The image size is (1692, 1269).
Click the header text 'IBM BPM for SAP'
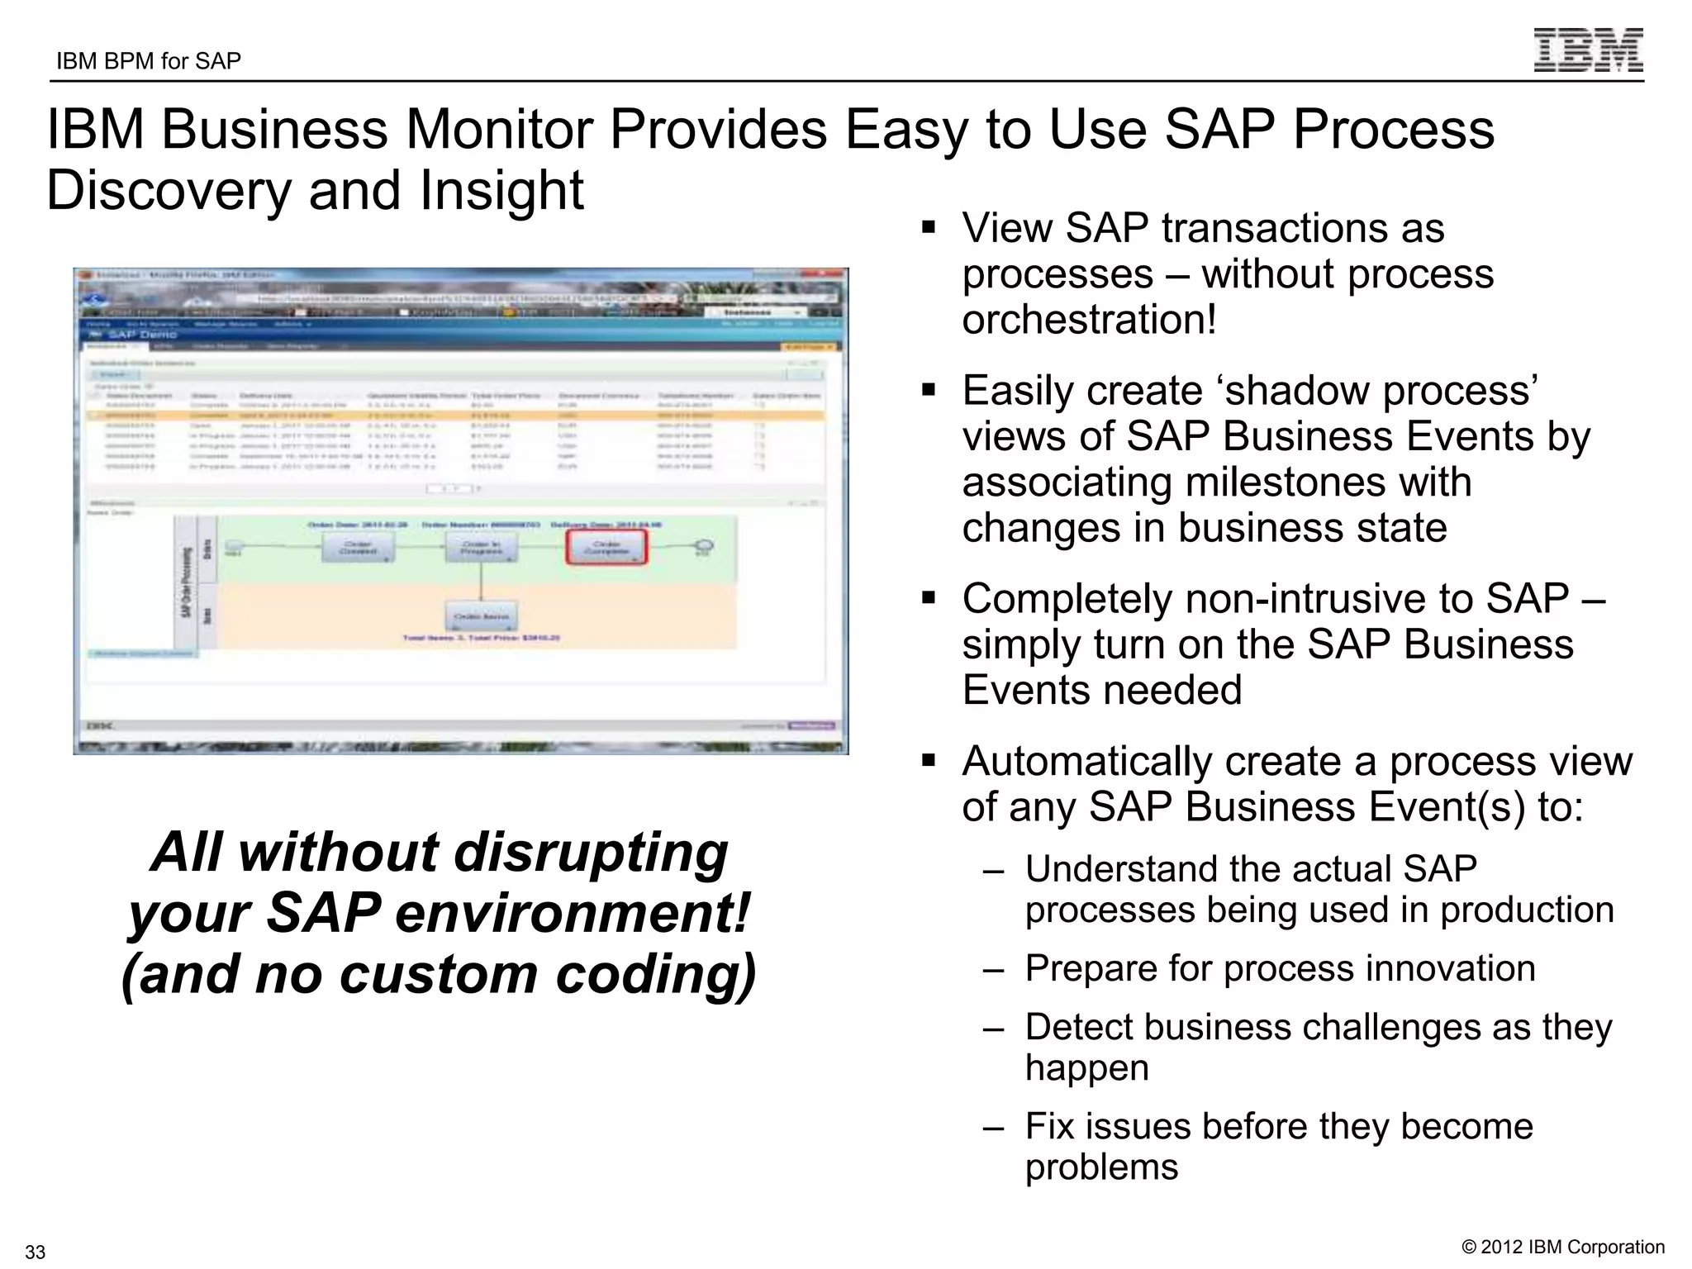point(149,61)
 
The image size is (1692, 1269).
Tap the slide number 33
point(35,1251)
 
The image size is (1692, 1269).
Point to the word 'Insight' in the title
point(501,191)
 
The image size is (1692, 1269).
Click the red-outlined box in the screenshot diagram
point(606,547)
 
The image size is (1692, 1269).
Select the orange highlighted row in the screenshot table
point(454,416)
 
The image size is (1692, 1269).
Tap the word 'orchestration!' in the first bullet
point(1089,320)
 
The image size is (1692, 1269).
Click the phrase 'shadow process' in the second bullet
point(1380,391)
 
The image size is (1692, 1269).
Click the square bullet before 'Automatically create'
point(929,759)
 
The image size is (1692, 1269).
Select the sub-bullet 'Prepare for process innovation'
point(1280,968)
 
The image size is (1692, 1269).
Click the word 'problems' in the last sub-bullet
point(1101,1167)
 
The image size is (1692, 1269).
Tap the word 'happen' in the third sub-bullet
point(1086,1067)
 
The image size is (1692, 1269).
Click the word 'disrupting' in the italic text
point(592,853)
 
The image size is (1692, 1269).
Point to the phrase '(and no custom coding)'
point(439,974)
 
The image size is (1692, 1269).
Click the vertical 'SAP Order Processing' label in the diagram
point(186,582)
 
